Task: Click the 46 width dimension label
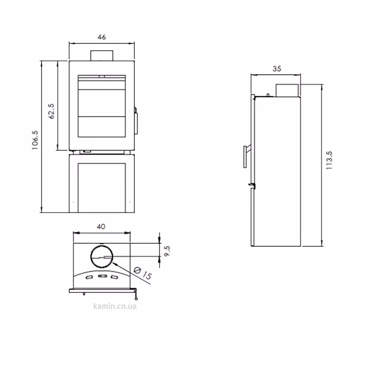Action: click(102, 37)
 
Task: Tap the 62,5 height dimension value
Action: click(51, 111)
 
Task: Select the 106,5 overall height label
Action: click(35, 140)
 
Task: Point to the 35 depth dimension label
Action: click(277, 69)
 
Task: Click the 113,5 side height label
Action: click(329, 160)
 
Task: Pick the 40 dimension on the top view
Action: click(101, 227)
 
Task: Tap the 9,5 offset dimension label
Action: click(167, 251)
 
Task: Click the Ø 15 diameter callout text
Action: click(143, 273)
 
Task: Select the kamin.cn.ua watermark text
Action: click(115, 306)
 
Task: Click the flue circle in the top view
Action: click(102, 245)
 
